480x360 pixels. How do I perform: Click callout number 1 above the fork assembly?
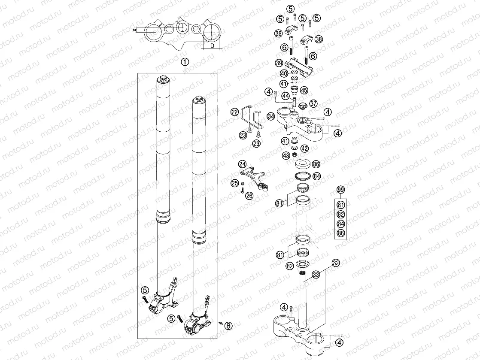(x=185, y=62)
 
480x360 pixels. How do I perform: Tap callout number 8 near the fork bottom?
(x=228, y=326)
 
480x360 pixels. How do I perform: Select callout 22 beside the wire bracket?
(x=234, y=112)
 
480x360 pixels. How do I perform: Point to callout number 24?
(x=243, y=164)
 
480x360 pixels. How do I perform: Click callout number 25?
(x=234, y=183)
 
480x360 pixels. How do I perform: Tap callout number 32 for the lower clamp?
(x=336, y=263)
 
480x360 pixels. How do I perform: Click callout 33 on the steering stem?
(x=316, y=274)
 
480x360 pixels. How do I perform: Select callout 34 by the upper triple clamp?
(x=270, y=116)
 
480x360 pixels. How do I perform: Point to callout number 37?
(x=314, y=103)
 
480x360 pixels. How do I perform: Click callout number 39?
(x=279, y=63)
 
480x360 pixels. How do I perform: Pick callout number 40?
(x=284, y=74)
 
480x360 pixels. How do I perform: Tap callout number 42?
(x=305, y=148)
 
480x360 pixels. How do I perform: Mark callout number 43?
(x=286, y=155)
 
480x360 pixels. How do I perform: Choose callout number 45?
(x=304, y=90)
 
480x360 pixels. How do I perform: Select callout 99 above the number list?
(x=341, y=190)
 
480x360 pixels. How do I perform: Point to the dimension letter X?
(x=135, y=30)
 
